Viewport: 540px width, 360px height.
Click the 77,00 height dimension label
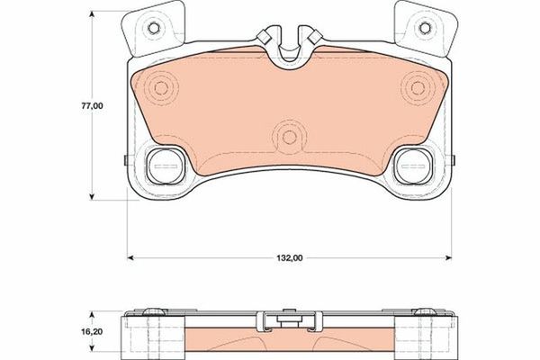pyautogui.click(x=93, y=105)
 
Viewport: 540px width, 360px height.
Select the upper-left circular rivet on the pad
pyautogui.click(x=162, y=87)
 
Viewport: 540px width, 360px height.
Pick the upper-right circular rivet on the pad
pyautogui.click(x=417, y=87)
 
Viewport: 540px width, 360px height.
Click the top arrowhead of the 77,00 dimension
pyautogui.click(x=94, y=15)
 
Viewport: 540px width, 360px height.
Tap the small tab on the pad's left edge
pyautogui.click(x=122, y=162)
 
